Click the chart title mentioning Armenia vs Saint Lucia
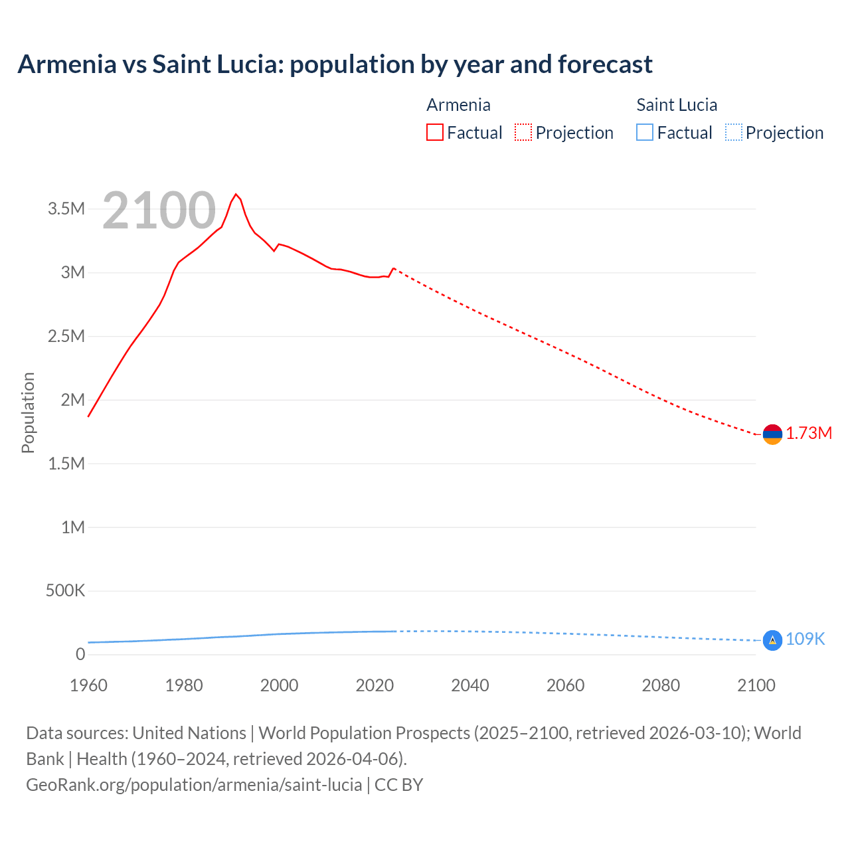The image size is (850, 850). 335,64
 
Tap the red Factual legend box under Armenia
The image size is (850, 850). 434,133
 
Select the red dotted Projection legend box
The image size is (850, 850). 523,133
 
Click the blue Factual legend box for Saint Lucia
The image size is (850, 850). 644,133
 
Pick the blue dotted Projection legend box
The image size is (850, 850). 733,133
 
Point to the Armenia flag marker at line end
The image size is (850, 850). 772,434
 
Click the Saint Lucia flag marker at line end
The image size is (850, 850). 772,640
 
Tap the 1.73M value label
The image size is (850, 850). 809,434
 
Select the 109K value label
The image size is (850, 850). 805,639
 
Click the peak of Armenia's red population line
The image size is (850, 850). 236,194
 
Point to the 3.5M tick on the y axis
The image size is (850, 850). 66,209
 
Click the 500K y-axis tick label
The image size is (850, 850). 65,591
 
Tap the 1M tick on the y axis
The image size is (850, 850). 73,527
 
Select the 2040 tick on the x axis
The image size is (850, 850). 470,685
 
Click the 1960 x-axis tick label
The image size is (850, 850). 88,685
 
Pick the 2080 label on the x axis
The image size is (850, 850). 661,685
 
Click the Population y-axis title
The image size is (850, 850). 28,412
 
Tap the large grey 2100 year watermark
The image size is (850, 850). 159,211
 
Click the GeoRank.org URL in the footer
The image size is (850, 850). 194,785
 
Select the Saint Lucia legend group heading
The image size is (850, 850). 677,105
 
